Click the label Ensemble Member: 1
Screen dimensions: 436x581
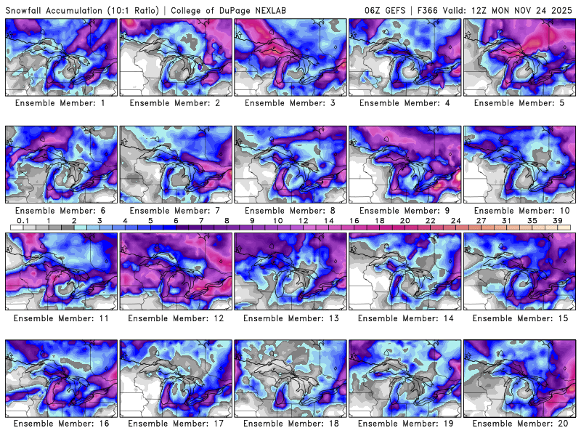coord(62,103)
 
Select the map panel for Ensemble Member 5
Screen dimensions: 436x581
coord(520,57)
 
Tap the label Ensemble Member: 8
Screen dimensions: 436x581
coord(290,211)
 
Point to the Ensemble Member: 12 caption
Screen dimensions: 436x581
coord(176,318)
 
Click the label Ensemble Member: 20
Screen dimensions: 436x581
coord(520,424)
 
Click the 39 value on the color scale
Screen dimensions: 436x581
coord(558,220)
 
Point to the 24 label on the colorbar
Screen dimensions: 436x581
coord(456,220)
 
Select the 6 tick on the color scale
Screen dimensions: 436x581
coord(176,220)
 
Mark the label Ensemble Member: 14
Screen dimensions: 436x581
coord(405,318)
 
